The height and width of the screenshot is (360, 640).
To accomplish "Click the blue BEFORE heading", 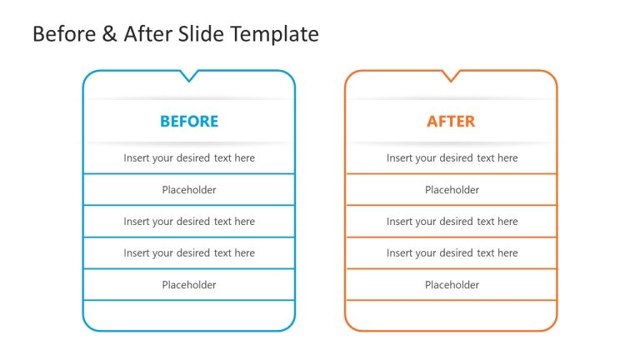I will (189, 122).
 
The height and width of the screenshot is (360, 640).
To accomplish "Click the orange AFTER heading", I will (451, 122).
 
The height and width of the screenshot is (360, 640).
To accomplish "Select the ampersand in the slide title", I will (108, 34).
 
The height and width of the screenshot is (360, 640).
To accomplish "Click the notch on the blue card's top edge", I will (189, 77).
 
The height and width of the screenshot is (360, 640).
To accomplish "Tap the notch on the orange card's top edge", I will (451, 77).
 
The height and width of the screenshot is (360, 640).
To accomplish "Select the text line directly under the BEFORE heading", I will (189, 158).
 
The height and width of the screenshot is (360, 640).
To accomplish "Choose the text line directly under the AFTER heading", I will (452, 158).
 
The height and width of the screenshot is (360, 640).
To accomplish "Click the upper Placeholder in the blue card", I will (189, 190).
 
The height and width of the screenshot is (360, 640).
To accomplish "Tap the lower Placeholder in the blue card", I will (189, 285).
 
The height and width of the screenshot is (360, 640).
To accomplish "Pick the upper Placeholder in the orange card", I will (452, 190).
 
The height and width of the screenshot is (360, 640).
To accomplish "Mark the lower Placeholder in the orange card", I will (452, 285).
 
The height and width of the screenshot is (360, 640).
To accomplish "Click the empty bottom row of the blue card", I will (189, 315).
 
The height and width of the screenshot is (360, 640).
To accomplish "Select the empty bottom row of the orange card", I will (451, 315).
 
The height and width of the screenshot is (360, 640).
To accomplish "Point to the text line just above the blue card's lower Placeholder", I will (189, 253).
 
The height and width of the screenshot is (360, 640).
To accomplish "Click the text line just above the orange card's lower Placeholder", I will (452, 253).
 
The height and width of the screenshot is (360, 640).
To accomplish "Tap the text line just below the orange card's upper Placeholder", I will (452, 222).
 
